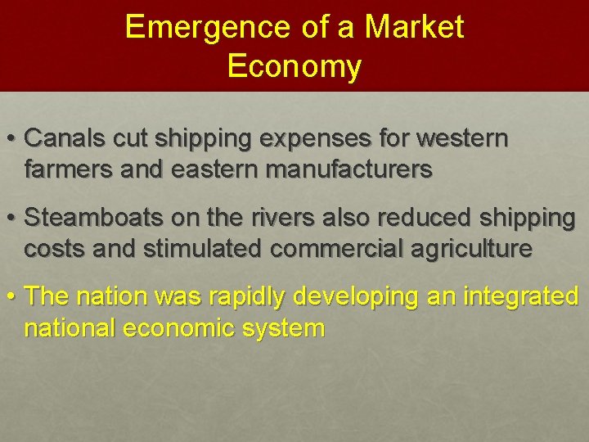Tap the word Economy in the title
[x=294, y=67]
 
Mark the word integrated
[x=524, y=295]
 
